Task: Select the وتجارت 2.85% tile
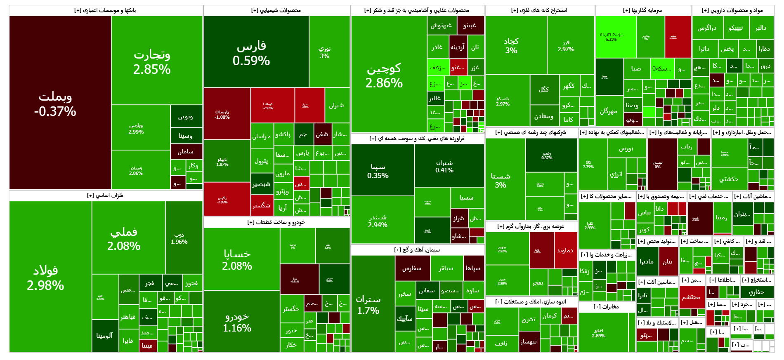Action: (x=152, y=62)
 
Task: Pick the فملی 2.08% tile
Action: (x=124, y=238)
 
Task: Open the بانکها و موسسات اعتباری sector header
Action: (x=105, y=10)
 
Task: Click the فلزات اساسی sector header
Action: (x=105, y=195)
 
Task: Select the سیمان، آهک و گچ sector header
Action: (x=417, y=250)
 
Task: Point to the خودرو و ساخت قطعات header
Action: (x=276, y=222)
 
